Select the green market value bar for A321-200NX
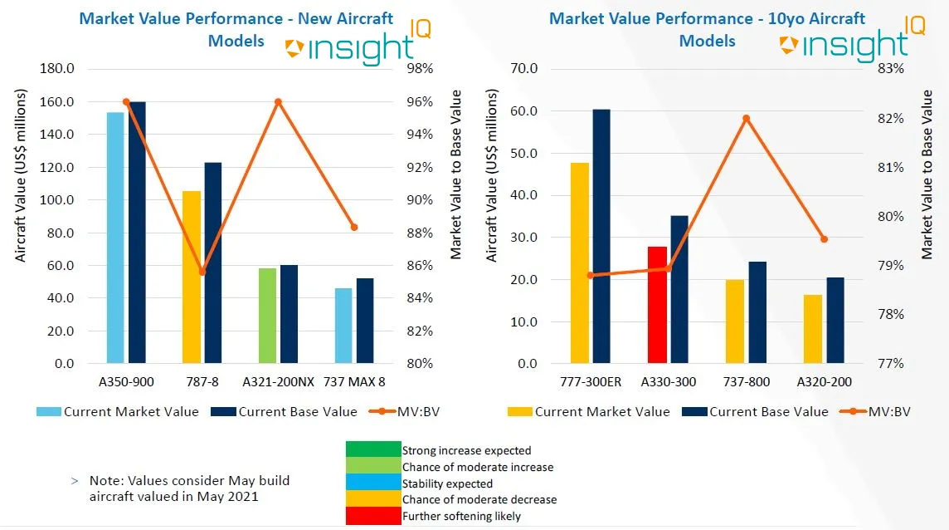pyautogui.click(x=267, y=316)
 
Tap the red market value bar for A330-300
pyautogui.click(x=657, y=305)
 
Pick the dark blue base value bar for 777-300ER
pyautogui.click(x=601, y=236)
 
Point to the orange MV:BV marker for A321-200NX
pyautogui.click(x=278, y=102)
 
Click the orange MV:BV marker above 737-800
pyautogui.click(x=746, y=118)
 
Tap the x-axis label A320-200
pyautogui.click(x=823, y=381)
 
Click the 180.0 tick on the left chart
pyautogui.click(x=57, y=69)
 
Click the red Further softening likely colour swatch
pyautogui.click(x=372, y=516)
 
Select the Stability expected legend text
pyautogui.click(x=447, y=483)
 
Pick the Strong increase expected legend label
pyautogui.click(x=466, y=451)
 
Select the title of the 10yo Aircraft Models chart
pyautogui.click(x=707, y=29)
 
